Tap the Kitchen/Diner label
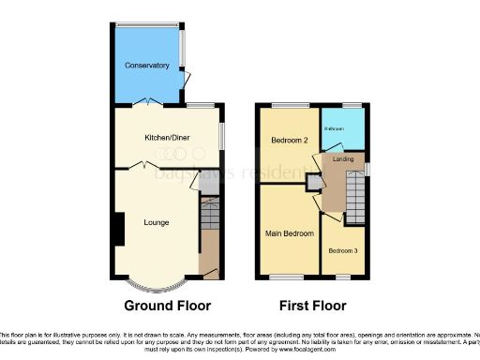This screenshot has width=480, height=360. point(167,138)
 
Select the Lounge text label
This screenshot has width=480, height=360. point(156,222)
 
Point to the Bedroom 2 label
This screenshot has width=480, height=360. point(289,140)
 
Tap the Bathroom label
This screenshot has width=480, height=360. point(335,127)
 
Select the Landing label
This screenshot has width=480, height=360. point(343,160)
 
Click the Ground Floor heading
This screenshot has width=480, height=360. point(168,306)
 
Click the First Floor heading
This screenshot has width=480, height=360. point(313,306)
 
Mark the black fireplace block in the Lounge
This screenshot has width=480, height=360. point(119,229)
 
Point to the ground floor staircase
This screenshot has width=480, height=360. point(208,217)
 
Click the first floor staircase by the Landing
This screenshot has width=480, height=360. point(353,198)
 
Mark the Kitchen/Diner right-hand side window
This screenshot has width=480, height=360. point(222,135)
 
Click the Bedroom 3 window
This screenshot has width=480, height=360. point(343,276)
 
